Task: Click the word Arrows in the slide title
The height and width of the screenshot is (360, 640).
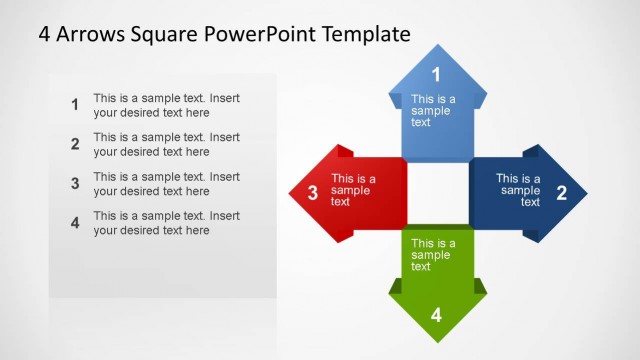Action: click(92, 34)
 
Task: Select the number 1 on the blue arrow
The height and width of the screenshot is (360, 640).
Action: click(436, 74)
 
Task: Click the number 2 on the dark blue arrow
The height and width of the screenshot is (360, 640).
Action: click(561, 193)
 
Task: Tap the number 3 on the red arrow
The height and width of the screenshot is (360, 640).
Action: click(312, 193)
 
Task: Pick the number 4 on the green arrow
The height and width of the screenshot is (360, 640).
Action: click(436, 315)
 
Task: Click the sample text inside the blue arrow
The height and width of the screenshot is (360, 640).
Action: click(432, 111)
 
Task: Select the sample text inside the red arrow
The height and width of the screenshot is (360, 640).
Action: click(353, 190)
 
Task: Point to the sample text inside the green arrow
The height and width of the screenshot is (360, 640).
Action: click(432, 255)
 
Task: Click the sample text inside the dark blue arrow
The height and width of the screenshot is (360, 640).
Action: click(519, 190)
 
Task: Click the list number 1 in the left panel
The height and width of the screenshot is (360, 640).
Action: click(75, 105)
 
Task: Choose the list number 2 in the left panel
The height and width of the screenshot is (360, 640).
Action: click(75, 144)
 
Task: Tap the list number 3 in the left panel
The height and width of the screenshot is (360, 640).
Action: click(75, 183)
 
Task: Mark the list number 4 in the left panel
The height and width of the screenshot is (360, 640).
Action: click(75, 222)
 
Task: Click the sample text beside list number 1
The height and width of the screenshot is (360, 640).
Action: click(166, 105)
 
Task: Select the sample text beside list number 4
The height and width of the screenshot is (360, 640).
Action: click(166, 222)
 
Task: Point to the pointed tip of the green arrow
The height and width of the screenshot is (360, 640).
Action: click(437, 340)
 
